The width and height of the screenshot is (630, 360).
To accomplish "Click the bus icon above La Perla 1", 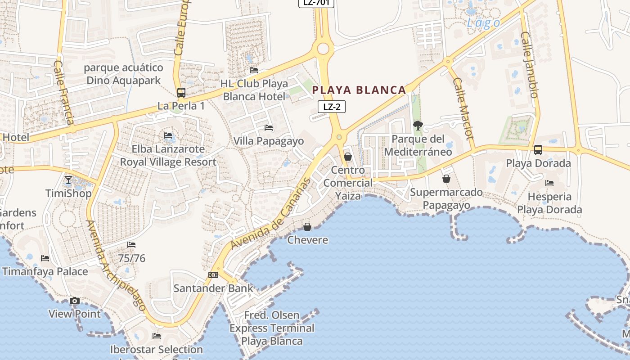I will coord(181,93).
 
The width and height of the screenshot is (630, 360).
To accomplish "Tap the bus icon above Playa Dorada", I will coord(538,150).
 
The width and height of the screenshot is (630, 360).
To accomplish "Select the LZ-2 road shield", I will coord(332,107).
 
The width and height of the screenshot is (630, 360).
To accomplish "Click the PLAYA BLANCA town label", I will coord(359,90).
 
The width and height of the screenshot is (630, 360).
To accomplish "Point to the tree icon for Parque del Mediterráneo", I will coord(418,126).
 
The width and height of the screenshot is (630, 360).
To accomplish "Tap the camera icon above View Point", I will coord(75,301).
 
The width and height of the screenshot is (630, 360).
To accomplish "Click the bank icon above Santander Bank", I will coord(213,274).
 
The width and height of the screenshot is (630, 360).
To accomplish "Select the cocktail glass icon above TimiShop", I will coord(68,180).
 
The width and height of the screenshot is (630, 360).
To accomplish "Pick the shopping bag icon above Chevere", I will coord(307,226).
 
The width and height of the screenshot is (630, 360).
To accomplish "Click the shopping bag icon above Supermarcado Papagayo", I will coord(446,179).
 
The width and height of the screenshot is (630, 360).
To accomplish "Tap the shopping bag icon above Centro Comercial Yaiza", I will coord(348,157).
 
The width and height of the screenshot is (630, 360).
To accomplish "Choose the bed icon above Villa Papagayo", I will coord(269,128).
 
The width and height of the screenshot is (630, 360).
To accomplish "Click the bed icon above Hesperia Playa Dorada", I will coord(549,183).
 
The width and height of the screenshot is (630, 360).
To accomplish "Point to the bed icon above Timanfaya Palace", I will coord(45,258).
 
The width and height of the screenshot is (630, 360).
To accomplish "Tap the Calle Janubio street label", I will coord(530,64).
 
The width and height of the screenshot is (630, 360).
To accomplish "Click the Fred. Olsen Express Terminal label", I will coord(272,328).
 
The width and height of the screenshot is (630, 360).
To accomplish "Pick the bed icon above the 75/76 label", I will coord(131,245).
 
